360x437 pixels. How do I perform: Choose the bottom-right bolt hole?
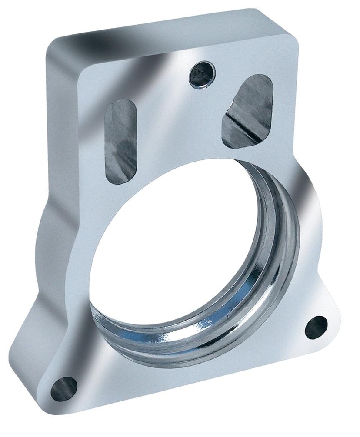(316, 327)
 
